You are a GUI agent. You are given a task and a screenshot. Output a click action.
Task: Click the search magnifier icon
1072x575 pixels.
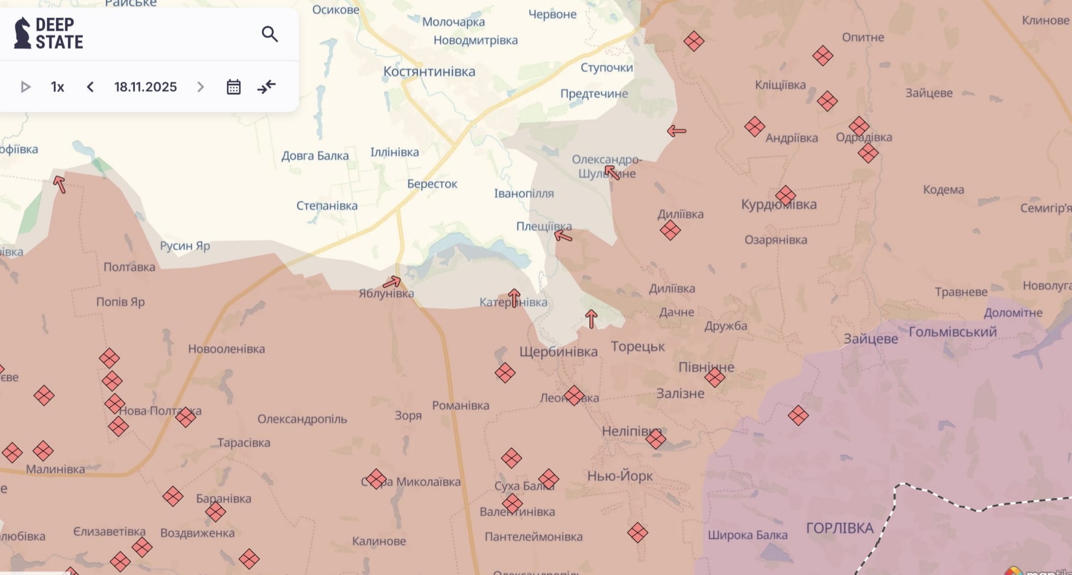coord(269,35)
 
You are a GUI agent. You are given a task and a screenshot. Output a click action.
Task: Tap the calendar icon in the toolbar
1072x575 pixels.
coord(234,87)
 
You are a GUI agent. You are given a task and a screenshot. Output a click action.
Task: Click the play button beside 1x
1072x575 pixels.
coord(26,87)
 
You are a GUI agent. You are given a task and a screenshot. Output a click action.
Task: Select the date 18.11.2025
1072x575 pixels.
coord(145,87)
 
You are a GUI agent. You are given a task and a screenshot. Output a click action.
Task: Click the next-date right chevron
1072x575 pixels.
coord(200,87)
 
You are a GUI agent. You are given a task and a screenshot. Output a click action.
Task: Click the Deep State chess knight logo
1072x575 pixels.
coord(22,33)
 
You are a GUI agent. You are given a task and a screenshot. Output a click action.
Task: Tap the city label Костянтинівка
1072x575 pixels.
coord(429,72)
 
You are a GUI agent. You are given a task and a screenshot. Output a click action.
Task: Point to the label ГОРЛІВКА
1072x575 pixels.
coord(839,528)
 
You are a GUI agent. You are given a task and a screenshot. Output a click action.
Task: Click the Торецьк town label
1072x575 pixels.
coord(638,347)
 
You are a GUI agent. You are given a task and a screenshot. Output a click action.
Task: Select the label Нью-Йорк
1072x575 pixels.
coord(620,476)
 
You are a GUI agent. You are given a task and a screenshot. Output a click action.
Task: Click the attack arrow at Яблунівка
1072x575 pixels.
coord(392,282)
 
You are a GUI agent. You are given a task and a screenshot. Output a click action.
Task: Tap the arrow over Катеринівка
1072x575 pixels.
coord(514,297)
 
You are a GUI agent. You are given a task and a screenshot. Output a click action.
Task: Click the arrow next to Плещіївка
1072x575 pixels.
coord(563,236)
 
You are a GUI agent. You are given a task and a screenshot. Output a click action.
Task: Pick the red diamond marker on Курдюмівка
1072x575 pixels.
coord(786,196)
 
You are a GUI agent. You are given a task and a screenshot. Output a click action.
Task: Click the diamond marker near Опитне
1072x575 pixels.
coord(822,56)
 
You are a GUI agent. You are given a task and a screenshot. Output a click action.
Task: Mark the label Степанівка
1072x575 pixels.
coord(327,205)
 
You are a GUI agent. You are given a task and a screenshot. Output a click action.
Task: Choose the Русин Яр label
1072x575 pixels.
coord(185,246)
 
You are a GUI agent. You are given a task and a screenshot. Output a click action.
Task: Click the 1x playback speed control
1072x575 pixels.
coord(57,87)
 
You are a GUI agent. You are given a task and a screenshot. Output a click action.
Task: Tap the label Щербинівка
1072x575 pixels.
coord(558,352)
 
